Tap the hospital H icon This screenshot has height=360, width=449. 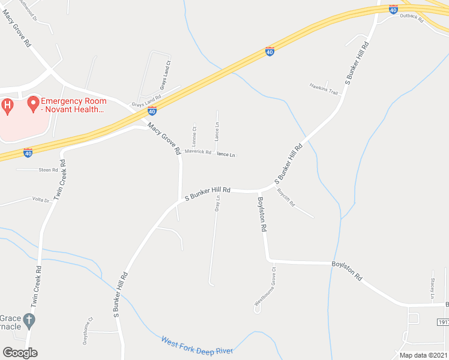point(7,107)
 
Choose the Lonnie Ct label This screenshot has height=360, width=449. point(194,136)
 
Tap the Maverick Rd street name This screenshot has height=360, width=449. point(197,152)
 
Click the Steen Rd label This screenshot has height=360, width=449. point(48,170)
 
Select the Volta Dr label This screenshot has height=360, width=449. point(40,200)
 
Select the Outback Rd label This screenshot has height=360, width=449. point(412,19)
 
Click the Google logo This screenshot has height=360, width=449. point(20,353)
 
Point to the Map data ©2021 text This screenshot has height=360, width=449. point(423,355)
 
